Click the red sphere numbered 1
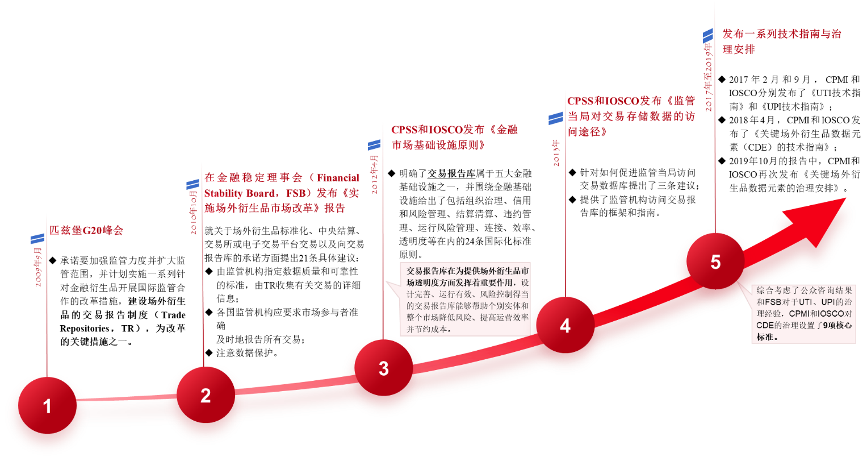tap(47, 406)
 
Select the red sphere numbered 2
tap(206, 396)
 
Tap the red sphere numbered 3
tap(384, 368)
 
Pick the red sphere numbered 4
tap(565, 326)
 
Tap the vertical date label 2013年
tap(556, 152)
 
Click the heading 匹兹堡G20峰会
tap(86, 231)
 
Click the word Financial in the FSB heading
tap(337, 178)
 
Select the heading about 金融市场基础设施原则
tap(454, 137)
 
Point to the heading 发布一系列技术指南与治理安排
tap(781, 41)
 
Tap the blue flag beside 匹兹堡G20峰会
tap(37, 238)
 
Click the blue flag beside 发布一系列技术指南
tap(707, 37)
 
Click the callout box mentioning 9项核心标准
tap(803, 313)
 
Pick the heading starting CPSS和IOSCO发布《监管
tap(631, 116)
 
